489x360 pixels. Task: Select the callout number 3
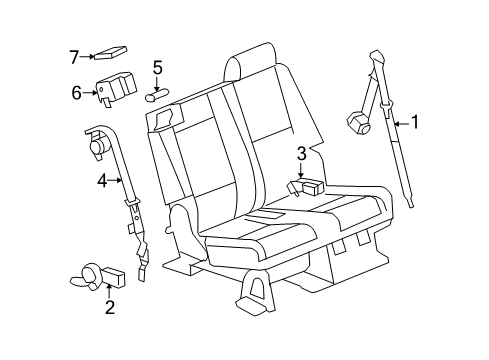click(300, 153)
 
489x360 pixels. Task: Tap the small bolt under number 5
click(157, 97)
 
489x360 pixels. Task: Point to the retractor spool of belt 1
click(358, 126)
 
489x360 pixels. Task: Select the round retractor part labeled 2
click(88, 272)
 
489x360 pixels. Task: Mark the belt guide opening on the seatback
click(164, 120)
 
